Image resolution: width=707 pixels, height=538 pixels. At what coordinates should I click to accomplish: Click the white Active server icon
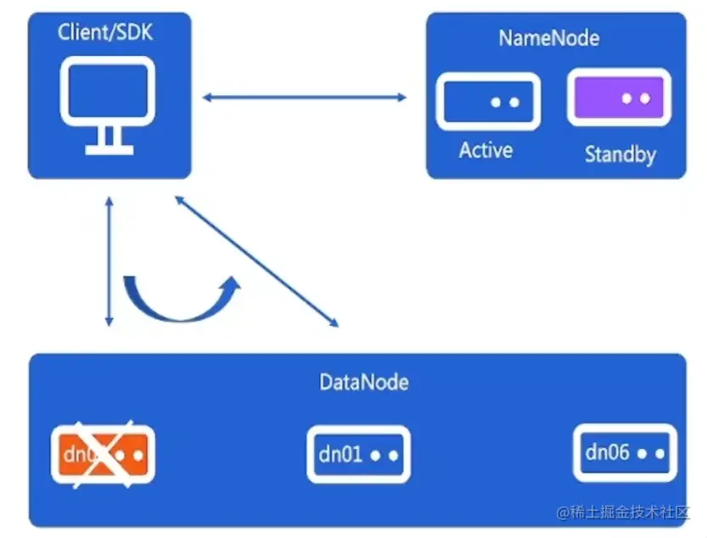(x=488, y=102)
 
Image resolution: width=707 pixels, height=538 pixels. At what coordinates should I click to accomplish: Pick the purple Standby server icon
(x=619, y=98)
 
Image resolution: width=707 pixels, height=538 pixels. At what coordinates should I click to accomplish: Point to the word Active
(x=485, y=151)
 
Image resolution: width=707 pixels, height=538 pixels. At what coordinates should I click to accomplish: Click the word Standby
(x=620, y=154)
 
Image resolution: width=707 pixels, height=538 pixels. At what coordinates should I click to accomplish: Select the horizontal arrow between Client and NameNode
(x=305, y=98)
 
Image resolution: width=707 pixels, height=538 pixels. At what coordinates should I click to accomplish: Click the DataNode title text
(x=363, y=382)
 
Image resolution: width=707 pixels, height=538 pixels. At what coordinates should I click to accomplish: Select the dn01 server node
(x=358, y=455)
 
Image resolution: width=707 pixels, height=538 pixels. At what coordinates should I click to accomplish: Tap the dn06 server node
(x=625, y=453)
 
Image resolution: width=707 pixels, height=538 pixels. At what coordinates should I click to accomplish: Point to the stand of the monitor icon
(x=109, y=140)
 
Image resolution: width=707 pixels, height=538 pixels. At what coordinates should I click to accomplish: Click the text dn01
(x=340, y=455)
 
